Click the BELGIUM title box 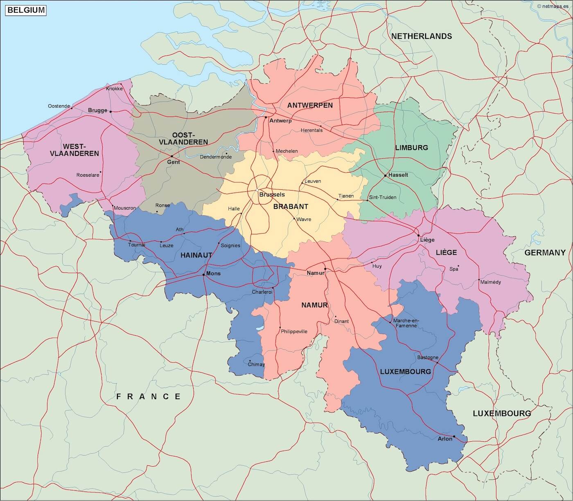[26, 10]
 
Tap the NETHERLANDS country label [422, 36]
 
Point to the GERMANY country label [545, 253]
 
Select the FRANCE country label [149, 396]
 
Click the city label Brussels [272, 195]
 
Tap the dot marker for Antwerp [266, 117]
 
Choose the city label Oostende [59, 106]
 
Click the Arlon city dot [454, 436]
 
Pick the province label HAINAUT [196, 255]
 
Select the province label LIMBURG [411, 148]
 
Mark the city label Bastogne [428, 357]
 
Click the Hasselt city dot [385, 176]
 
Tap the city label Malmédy [490, 282]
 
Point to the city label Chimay [256, 364]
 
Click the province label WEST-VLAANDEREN [74, 150]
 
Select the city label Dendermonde [216, 157]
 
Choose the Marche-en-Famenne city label [405, 323]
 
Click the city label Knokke [114, 89]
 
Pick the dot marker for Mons [204, 274]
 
